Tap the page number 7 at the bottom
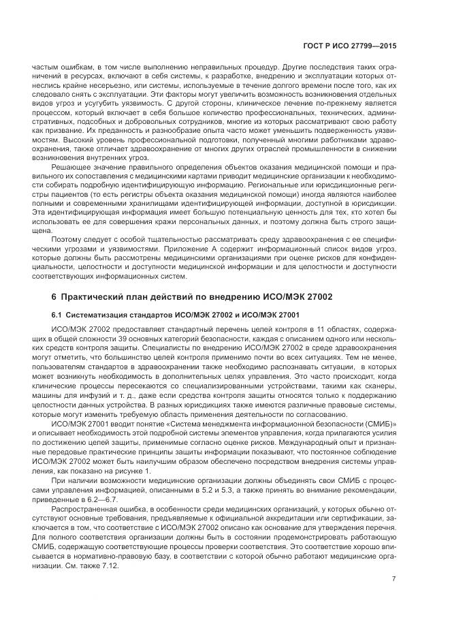(394, 580)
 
